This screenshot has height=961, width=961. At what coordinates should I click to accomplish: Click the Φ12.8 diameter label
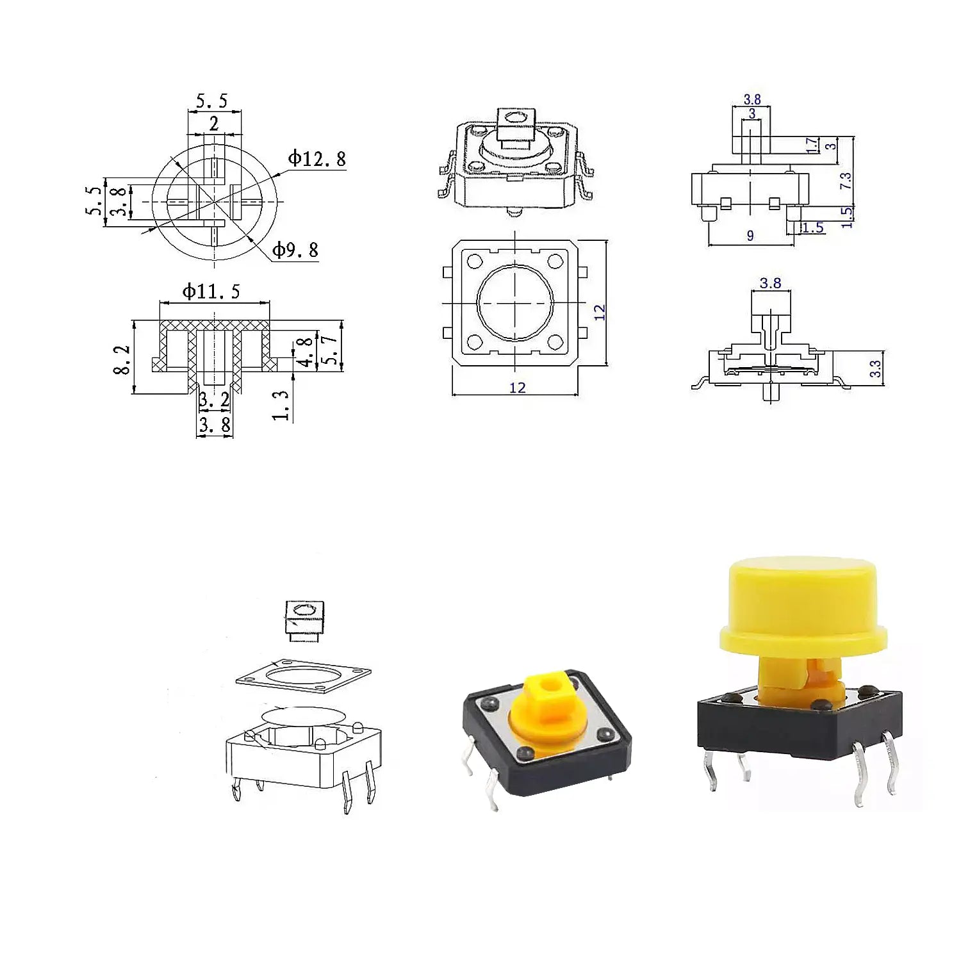[316, 158]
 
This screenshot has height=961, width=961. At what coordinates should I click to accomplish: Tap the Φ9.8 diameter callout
[295, 250]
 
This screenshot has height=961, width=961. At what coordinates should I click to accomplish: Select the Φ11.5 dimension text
[211, 292]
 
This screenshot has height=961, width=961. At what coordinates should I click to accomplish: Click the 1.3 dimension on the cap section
[281, 406]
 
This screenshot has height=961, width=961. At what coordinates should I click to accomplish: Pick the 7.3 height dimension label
[846, 181]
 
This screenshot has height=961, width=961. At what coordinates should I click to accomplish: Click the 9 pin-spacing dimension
[750, 236]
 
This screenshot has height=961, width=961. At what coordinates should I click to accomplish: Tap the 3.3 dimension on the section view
[875, 368]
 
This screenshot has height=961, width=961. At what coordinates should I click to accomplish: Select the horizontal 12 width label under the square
[517, 388]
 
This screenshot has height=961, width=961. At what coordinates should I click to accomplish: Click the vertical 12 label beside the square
[599, 312]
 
